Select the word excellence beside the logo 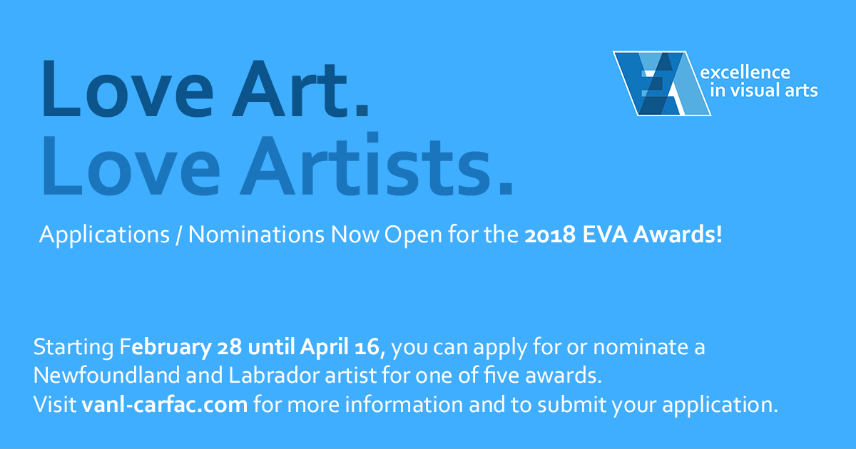pos(745,73)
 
